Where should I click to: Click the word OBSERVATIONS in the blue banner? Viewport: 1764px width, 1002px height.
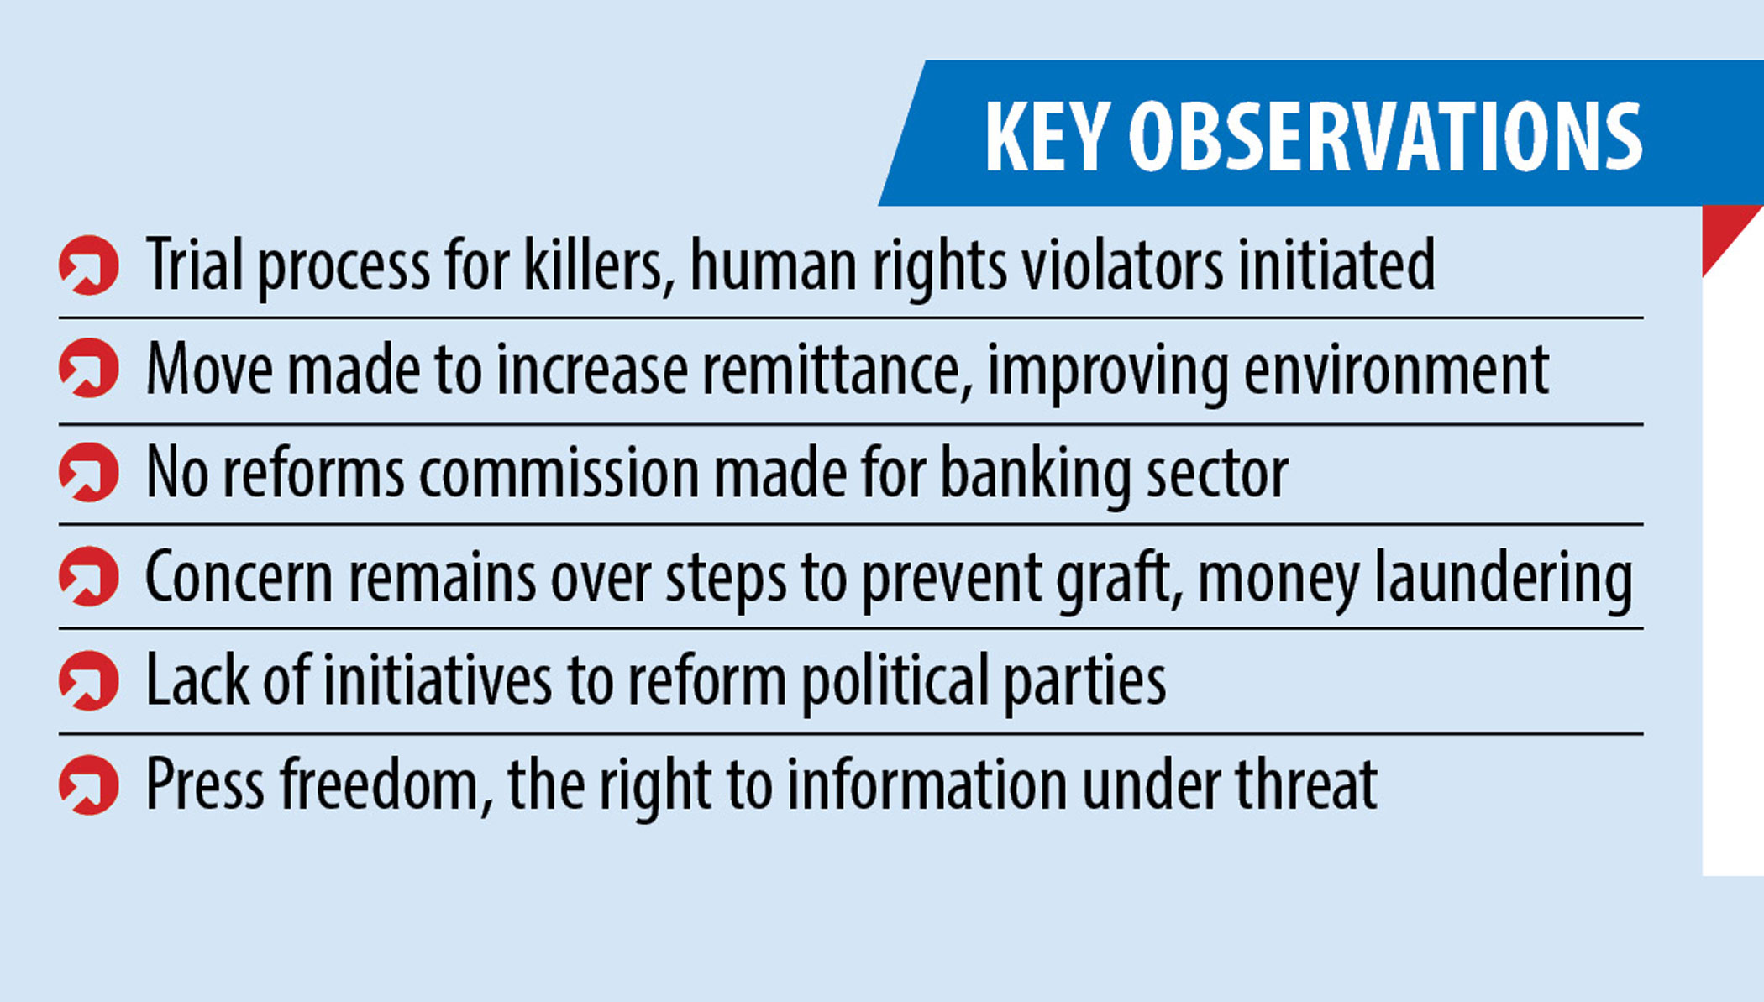click(1385, 136)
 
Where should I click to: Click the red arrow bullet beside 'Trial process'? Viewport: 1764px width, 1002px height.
click(89, 265)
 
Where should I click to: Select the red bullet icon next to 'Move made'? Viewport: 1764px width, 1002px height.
click(89, 368)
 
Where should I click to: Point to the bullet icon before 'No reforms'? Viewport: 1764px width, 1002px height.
click(89, 472)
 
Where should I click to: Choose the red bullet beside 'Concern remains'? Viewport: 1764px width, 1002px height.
click(89, 576)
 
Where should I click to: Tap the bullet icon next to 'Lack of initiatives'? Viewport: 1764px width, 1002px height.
click(89, 680)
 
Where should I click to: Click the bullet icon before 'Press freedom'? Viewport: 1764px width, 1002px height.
click(89, 784)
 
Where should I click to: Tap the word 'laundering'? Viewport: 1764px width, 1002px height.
click(1504, 578)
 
